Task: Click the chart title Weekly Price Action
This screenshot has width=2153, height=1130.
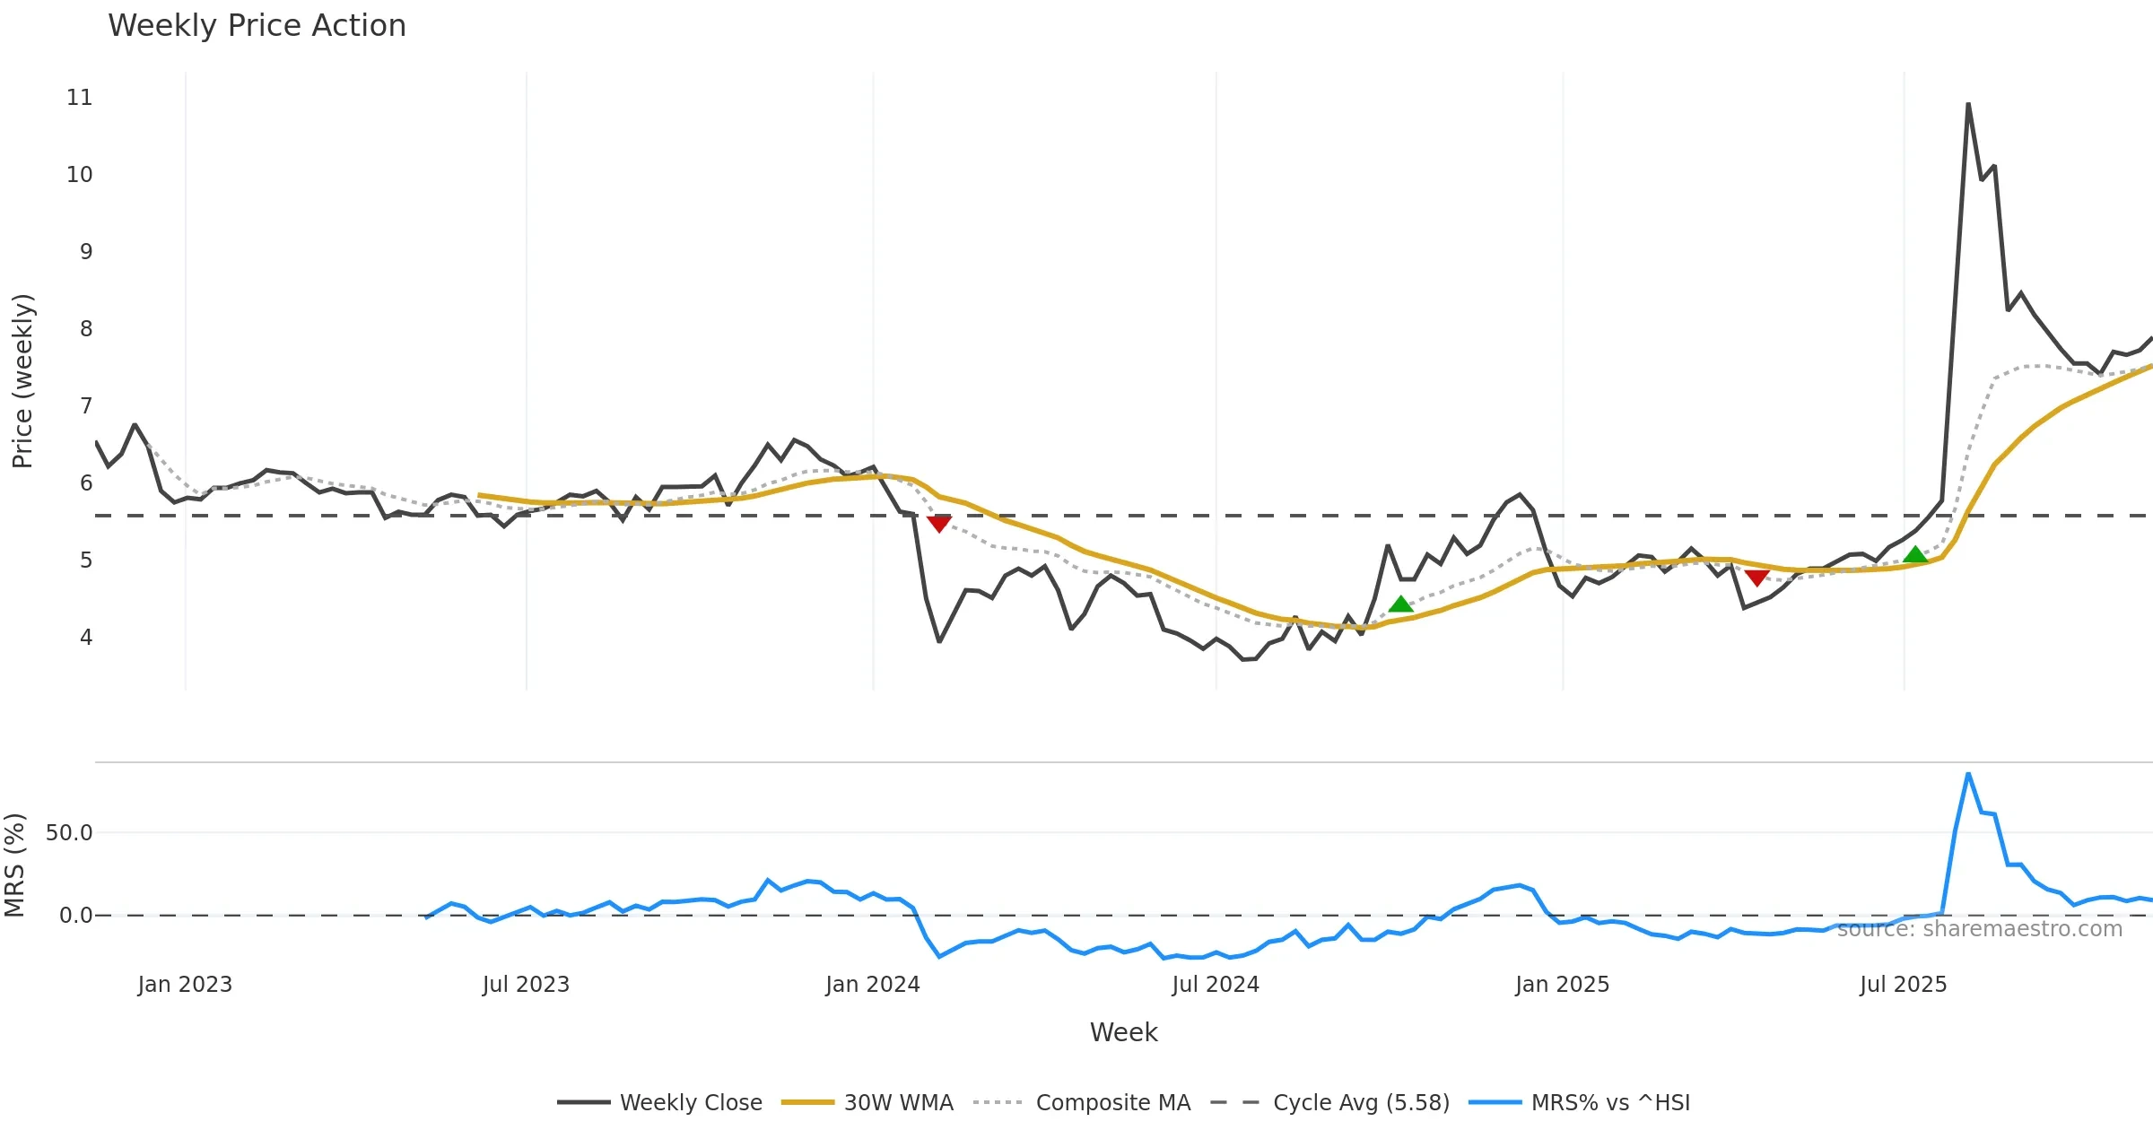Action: [257, 26]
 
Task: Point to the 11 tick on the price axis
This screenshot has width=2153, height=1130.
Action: [80, 98]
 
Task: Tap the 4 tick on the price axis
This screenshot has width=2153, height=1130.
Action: [86, 638]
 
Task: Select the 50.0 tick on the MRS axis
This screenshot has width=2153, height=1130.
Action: [69, 833]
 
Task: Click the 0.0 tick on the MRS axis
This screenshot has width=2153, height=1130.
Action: [75, 916]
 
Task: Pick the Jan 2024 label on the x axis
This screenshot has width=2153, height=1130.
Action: [873, 985]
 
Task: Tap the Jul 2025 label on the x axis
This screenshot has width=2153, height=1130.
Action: [1903, 985]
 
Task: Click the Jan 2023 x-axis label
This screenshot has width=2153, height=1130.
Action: [185, 985]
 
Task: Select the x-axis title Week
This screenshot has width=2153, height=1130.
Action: [1123, 1033]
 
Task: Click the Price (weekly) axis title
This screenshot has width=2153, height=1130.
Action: [22, 381]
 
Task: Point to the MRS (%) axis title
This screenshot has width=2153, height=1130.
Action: [14, 865]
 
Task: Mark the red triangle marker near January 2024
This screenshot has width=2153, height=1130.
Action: [939, 524]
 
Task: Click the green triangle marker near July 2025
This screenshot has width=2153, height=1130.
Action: [1915, 555]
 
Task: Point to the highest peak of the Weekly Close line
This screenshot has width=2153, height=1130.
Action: [1968, 104]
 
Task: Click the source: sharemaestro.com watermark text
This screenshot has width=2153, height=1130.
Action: [1979, 929]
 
